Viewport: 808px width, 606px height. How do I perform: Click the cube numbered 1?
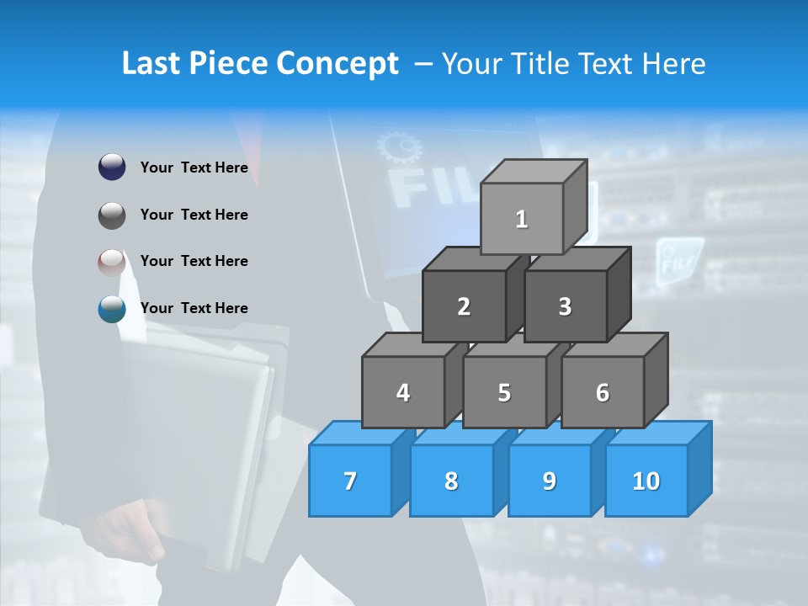pos(522,219)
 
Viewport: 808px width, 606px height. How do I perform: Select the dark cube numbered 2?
pos(464,306)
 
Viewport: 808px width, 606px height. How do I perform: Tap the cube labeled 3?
pos(565,306)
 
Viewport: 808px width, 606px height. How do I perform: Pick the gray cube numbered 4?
pos(403,392)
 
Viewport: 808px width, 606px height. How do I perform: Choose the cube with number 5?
pos(504,392)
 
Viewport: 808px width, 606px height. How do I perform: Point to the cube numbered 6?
pos(603,392)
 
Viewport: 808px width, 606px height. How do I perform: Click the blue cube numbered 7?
pos(350,481)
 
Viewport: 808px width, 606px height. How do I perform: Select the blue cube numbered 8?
pos(451,481)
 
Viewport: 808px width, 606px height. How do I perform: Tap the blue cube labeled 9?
pos(549,481)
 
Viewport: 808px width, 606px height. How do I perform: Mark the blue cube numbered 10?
pos(646,481)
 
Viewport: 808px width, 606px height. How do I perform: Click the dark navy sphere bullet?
pos(112,167)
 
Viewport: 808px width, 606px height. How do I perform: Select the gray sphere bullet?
pos(112,215)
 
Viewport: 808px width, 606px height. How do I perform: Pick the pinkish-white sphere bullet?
pos(112,263)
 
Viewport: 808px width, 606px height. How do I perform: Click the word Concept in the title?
pos(337,64)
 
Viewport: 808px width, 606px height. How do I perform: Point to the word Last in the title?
pos(151,64)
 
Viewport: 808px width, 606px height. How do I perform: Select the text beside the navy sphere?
pos(194,167)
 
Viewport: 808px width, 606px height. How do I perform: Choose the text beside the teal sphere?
pos(194,308)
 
